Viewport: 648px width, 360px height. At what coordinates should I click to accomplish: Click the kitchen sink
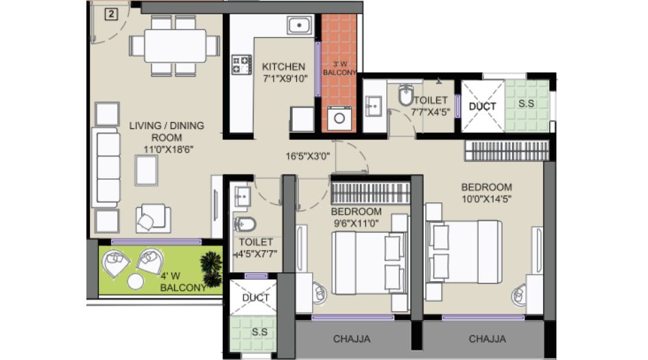[299, 25]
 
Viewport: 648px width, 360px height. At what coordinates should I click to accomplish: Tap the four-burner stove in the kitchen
[241, 64]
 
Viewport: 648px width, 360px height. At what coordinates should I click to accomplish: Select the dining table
[175, 45]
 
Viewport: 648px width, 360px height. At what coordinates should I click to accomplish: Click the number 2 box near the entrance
[111, 14]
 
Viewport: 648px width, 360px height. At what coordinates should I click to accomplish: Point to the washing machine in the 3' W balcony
[339, 119]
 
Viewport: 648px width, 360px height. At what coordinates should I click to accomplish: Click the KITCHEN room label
[283, 67]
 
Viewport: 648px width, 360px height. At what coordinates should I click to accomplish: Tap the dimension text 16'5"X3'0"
[308, 156]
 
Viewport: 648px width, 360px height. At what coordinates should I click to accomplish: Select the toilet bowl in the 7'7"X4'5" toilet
[406, 95]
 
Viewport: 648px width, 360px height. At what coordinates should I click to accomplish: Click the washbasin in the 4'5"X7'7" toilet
[242, 196]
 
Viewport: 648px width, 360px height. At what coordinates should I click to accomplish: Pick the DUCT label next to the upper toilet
[482, 106]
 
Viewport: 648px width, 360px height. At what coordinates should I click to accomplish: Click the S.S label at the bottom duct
[259, 331]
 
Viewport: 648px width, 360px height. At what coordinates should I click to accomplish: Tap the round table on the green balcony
[135, 282]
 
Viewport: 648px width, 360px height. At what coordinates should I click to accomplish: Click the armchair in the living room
[153, 218]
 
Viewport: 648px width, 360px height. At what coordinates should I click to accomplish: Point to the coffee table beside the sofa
[146, 170]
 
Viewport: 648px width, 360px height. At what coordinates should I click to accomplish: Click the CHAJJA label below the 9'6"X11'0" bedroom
[352, 339]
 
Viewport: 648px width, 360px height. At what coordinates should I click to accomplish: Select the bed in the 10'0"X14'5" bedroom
[464, 252]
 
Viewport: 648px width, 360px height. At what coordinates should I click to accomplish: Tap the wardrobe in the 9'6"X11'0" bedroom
[371, 193]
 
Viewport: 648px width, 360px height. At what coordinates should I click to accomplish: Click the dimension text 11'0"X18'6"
[166, 149]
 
